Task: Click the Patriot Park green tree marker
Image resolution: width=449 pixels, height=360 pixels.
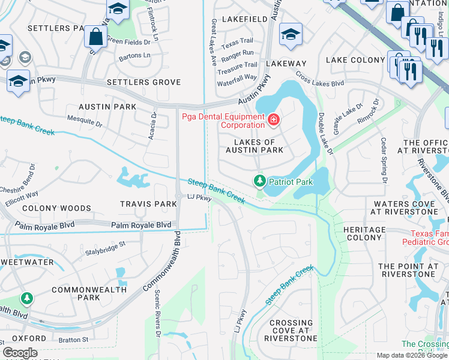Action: (x=259, y=180)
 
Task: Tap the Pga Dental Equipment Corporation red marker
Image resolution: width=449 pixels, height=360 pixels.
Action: (x=274, y=120)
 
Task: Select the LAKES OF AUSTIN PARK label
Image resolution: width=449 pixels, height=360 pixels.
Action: (x=254, y=145)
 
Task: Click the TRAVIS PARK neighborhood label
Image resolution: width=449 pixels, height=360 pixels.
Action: (x=148, y=204)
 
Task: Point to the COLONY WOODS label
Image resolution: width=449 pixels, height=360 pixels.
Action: (x=56, y=208)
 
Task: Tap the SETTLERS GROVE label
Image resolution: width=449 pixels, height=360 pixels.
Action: (x=143, y=82)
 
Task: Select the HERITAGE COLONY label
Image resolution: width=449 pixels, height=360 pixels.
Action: (x=364, y=234)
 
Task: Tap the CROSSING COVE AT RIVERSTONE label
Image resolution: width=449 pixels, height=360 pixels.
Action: (x=291, y=331)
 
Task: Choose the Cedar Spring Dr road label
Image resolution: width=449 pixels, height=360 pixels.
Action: (x=382, y=161)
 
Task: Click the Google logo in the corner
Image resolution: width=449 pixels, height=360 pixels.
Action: (x=20, y=353)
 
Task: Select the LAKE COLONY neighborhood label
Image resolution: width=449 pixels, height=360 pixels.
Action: (x=355, y=60)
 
